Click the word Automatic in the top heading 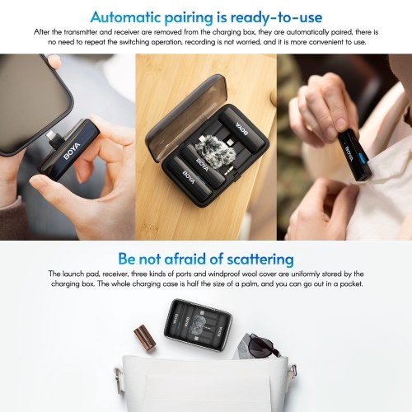click(x=125, y=17)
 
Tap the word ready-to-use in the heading click(x=276, y=18)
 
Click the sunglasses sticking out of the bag click(x=264, y=345)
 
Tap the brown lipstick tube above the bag click(x=145, y=339)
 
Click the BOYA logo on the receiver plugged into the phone click(x=72, y=151)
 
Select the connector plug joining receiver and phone click(x=54, y=138)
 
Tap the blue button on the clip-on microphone click(x=363, y=159)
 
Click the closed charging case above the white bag click(x=198, y=325)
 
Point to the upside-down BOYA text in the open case click(x=242, y=129)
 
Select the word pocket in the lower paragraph click(x=352, y=283)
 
